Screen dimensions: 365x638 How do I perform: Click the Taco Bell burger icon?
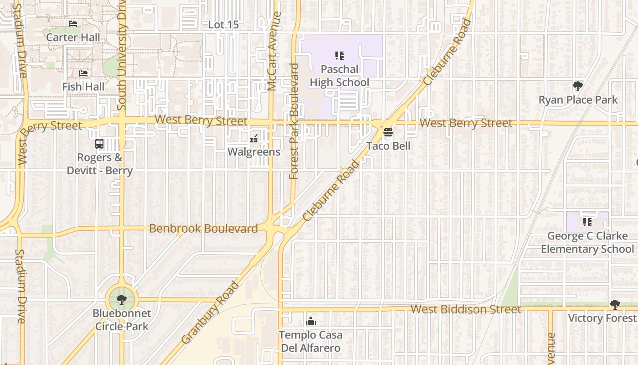388,133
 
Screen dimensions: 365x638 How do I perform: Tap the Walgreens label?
254,151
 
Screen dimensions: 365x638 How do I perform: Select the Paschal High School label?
340,76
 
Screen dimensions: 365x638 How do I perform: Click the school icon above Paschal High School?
339,56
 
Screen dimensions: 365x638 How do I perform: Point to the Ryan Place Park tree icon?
577,86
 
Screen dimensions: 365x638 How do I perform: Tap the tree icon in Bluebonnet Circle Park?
121,300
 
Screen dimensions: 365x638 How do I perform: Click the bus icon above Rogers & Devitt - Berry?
99,144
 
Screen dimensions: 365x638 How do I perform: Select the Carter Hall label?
73,37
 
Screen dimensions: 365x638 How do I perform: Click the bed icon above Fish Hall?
83,73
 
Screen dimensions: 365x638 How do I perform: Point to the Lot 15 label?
223,25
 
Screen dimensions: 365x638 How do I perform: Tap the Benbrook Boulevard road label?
203,228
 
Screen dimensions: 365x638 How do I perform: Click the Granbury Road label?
210,313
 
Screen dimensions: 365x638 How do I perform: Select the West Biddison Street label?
466,309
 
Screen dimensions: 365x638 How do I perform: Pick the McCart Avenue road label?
272,51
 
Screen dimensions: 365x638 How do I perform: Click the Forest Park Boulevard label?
294,121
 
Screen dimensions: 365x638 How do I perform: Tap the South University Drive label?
121,55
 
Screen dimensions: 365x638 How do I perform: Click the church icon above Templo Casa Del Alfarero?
311,322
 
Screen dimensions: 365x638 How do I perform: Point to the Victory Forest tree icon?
615,304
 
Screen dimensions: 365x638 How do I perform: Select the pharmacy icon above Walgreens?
254,138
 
